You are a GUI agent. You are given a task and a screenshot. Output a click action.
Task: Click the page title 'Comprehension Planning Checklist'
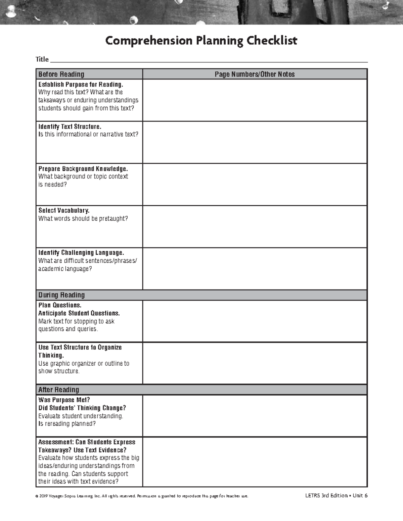[201, 41]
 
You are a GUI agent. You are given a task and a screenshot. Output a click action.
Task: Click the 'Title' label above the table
[42, 59]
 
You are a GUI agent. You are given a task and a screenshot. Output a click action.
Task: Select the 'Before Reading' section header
[61, 74]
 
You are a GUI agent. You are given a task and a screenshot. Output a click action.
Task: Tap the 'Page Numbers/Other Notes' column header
[255, 74]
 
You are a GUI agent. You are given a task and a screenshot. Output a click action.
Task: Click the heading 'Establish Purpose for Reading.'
[81, 84]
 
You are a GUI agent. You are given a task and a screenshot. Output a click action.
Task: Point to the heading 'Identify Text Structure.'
[70, 126]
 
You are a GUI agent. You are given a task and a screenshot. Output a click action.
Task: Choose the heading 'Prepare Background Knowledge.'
[83, 168]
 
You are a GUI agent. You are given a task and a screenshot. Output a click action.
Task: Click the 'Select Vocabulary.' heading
[64, 210]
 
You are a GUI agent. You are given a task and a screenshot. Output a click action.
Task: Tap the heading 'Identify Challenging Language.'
[81, 253]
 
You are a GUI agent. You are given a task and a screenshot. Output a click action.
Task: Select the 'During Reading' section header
[61, 295]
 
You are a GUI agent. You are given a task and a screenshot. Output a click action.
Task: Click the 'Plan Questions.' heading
[60, 305]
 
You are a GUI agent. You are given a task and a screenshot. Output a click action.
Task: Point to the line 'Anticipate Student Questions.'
[79, 313]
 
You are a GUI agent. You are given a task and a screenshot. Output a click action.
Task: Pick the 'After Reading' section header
[58, 389]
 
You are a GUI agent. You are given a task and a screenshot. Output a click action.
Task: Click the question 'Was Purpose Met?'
[64, 400]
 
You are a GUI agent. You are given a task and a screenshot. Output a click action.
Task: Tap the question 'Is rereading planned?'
[67, 424]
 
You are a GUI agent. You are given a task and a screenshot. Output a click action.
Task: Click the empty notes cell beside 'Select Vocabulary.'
[255, 226]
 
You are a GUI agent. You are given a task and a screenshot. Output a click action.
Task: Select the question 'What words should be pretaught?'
[83, 218]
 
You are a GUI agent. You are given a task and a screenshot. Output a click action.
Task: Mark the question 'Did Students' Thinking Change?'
[82, 408]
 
